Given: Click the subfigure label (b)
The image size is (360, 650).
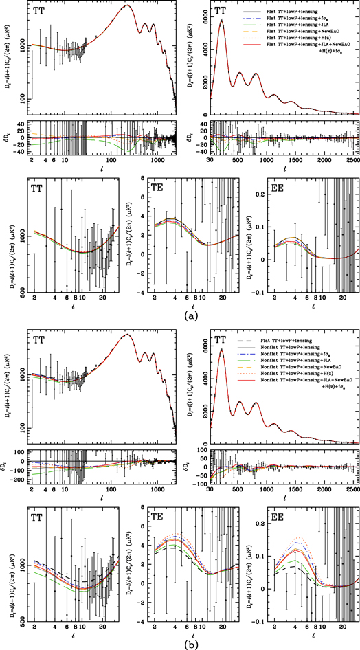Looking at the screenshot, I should click(181, 644).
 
